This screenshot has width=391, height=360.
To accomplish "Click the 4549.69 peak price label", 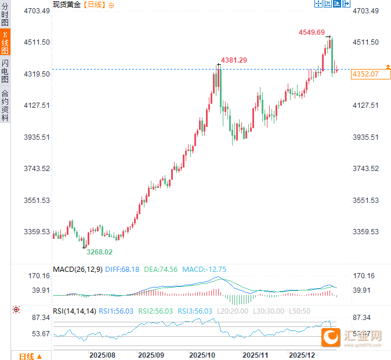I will coord(312,32).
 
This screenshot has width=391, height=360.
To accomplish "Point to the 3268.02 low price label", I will coord(100,252).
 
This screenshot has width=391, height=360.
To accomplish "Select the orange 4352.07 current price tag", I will coord(365,74).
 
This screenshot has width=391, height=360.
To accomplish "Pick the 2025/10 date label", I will coord(202,354).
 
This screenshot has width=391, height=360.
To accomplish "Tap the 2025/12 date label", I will coord(302,354).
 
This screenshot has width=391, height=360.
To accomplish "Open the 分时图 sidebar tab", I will coord(5,15).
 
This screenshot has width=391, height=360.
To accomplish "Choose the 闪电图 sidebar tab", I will coord(5,70).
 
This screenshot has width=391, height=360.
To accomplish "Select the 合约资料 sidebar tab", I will coord(5,105).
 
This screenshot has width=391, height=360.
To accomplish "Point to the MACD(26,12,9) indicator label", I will coord(77,269).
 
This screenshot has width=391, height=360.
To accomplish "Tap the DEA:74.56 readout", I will coord(161,269).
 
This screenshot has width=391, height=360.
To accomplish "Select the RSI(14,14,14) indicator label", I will coord(74,311).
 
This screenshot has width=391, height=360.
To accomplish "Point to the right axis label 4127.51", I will coord(365,106).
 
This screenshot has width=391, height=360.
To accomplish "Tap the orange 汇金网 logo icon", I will coord(332,337).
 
